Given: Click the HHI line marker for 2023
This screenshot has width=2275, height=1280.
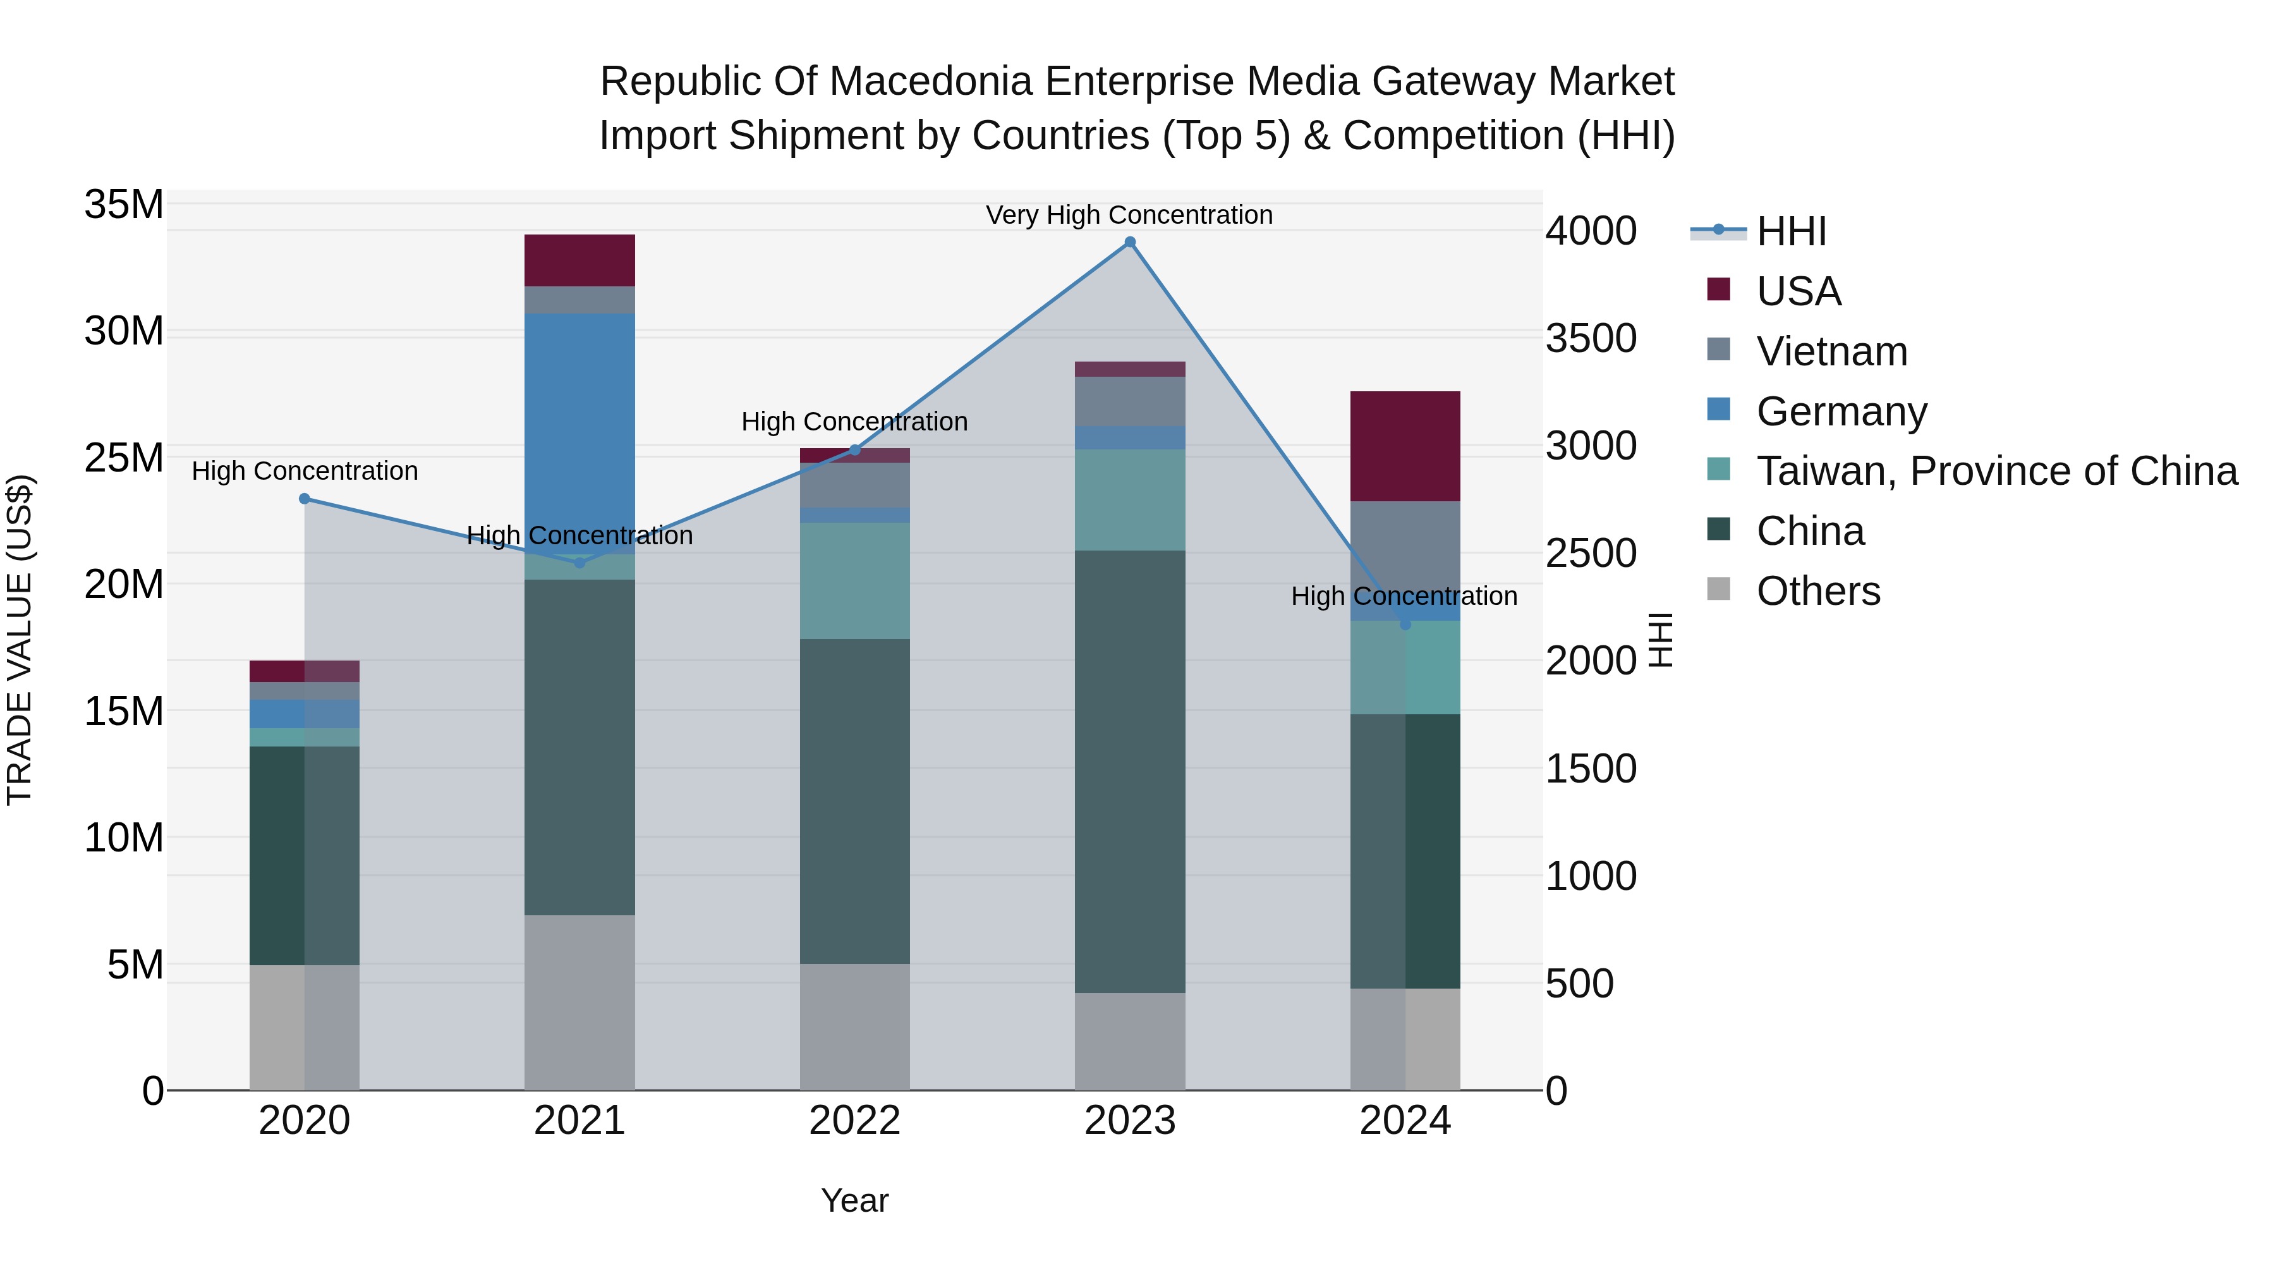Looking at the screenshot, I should click(1129, 242).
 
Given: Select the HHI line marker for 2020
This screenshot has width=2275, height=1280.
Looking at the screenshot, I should click(305, 498).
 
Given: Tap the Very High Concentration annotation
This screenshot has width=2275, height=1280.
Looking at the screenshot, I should click(1129, 215).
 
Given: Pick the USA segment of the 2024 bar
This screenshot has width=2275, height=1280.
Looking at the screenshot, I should click(1405, 446).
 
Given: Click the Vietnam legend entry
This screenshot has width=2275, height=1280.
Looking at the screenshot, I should click(1831, 351).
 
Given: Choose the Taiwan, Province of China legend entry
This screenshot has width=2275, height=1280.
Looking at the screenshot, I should click(1996, 471).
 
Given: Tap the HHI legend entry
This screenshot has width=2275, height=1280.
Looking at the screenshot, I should click(1790, 231).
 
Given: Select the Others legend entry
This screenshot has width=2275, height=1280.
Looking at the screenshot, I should click(1817, 591).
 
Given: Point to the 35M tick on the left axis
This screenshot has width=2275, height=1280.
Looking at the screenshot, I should click(124, 205).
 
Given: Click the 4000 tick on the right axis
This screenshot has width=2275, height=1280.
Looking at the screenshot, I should click(1591, 231).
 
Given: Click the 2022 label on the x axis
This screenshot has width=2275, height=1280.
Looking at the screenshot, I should click(854, 1121).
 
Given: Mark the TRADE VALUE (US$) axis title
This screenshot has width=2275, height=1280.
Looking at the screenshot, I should click(20, 640).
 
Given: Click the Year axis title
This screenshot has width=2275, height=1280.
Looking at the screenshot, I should click(854, 1200).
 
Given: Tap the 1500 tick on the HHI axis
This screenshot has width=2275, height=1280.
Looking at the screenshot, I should click(1591, 769).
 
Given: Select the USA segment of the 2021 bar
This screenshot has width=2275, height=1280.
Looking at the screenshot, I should click(579, 260).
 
